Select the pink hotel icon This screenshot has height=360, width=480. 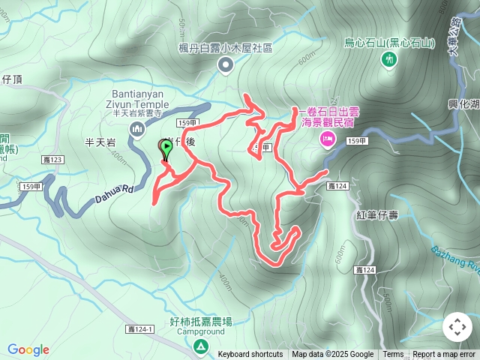coord(328,137)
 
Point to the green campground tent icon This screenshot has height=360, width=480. coord(201,346)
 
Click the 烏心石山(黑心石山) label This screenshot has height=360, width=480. coord(389,43)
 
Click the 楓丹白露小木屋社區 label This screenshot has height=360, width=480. coord(226,48)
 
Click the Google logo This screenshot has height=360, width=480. coord(28,349)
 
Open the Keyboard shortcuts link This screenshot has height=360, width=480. coord(250,355)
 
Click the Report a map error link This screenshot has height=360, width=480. coord(444,355)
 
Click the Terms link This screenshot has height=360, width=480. coord(393,355)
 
